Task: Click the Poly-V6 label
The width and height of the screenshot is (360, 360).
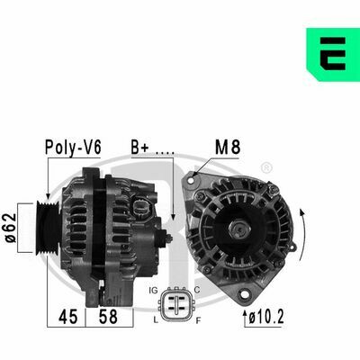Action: point(73,148)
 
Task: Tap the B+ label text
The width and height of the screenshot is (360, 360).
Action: point(139,148)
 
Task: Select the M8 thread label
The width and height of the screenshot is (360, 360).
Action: point(228,148)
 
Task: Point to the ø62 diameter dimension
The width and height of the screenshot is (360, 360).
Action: point(11,228)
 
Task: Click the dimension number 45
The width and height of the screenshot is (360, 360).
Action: point(68,317)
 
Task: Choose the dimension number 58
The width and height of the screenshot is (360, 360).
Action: point(108,317)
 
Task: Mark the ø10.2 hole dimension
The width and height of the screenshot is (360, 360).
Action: point(266,317)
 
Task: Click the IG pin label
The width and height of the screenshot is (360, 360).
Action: point(153,291)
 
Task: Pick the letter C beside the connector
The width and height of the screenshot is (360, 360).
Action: point(197,290)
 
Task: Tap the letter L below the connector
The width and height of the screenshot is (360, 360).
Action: point(156,320)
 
